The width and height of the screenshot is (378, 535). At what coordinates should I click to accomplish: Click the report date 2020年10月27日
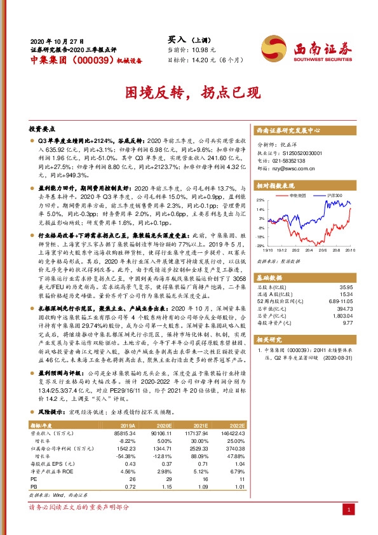(x=57, y=39)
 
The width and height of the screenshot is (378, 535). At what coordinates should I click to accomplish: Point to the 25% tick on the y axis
(x=260, y=200)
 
